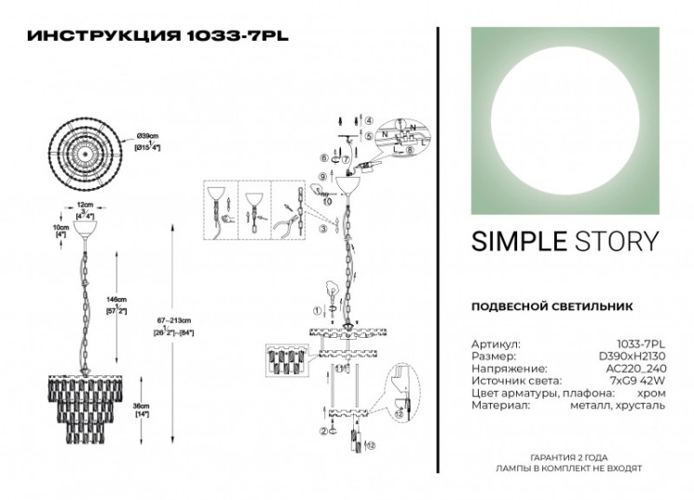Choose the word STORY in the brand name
tap(614, 242)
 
